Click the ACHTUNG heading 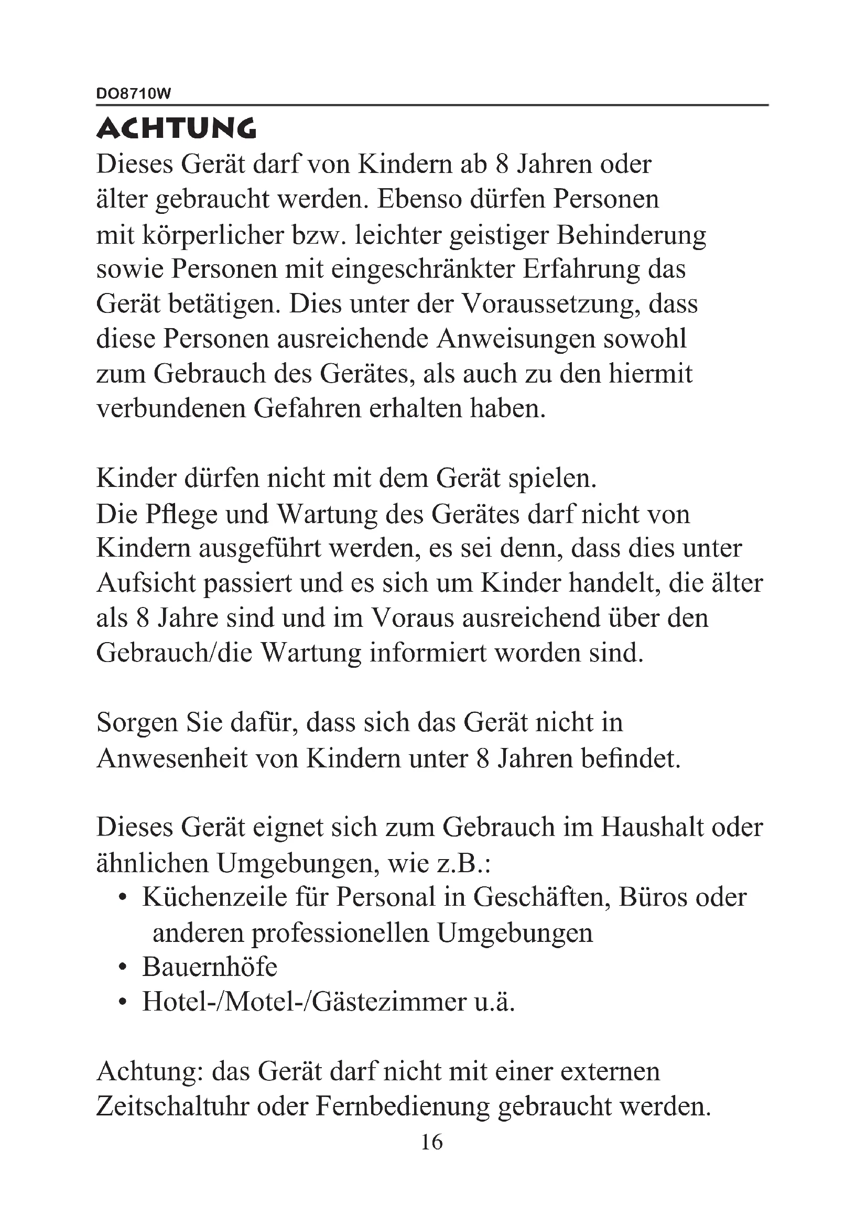click(176, 129)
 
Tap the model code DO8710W click(134, 94)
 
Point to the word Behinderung click(631, 235)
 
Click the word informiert click(428, 653)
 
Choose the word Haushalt click(649, 827)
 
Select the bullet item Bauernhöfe click(210, 967)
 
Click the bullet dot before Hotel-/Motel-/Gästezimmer click(123, 1003)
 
